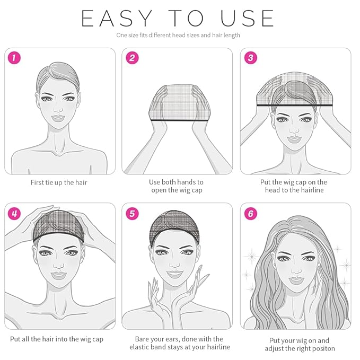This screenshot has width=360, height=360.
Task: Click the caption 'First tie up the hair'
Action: click(x=59, y=182)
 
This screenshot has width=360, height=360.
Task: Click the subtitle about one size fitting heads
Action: click(x=178, y=36)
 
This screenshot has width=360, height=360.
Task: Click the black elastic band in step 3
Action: click(x=295, y=106)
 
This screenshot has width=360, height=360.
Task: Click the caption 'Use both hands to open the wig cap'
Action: click(x=177, y=186)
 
